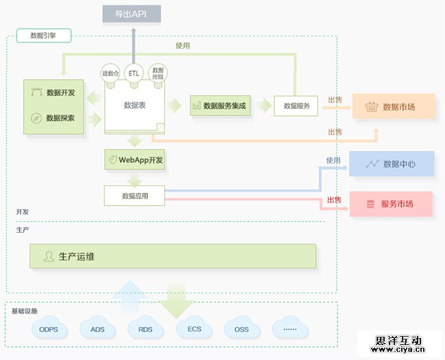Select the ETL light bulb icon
click(133, 73)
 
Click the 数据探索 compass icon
click(35, 118)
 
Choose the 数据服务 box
click(296, 105)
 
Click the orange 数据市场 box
click(394, 107)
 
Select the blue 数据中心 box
click(392, 164)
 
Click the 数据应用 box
click(135, 196)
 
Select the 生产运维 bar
click(173, 257)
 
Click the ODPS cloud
click(49, 329)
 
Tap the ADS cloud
click(97, 329)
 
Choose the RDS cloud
click(145, 329)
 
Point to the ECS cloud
click(194, 329)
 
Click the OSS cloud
click(242, 329)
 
